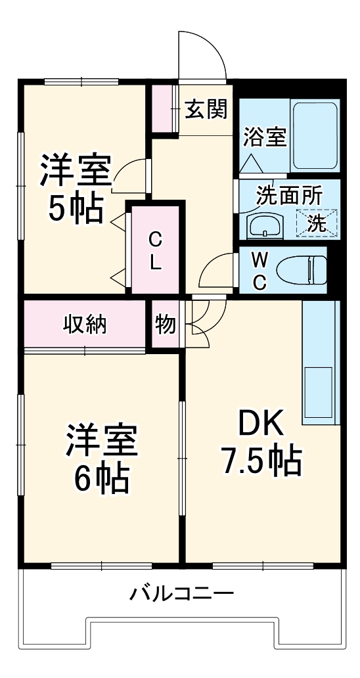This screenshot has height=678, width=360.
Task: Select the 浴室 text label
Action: [x=265, y=138]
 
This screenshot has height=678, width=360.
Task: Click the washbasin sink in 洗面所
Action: [x=264, y=225]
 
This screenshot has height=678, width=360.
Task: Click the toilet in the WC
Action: [x=302, y=269]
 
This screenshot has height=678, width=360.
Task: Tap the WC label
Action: [x=260, y=271]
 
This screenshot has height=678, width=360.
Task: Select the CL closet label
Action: [x=155, y=250]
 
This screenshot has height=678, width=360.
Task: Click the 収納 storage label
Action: [x=85, y=324]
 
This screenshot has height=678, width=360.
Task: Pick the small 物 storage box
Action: [x=165, y=324]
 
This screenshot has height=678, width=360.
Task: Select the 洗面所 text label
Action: [x=288, y=196]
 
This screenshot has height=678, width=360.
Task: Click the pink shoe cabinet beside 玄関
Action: [x=162, y=108]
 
